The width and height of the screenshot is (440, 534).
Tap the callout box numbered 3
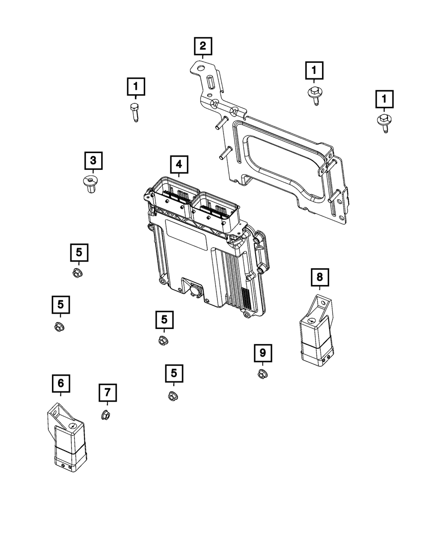(93, 161)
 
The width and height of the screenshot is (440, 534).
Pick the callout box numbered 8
(319, 277)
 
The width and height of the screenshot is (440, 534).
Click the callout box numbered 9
(263, 353)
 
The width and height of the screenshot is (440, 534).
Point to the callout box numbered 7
(108, 391)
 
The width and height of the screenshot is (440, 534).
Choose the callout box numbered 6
(60, 383)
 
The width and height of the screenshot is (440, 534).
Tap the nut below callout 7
(106, 414)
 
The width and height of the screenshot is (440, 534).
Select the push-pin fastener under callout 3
(90, 183)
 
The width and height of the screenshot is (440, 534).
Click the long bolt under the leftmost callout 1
(135, 113)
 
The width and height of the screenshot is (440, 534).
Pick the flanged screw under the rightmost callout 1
(384, 122)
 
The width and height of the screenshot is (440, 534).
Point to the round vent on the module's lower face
(195, 290)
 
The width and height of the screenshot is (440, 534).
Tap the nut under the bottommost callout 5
(173, 396)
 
